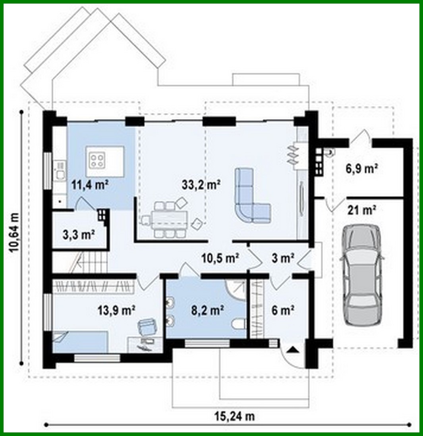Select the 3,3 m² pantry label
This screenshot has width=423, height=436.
[x=78, y=235]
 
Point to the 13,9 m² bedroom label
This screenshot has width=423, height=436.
[x=117, y=309]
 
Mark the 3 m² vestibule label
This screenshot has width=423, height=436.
[x=282, y=258]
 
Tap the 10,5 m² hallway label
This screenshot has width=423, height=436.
[x=220, y=258]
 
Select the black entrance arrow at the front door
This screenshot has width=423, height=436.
[x=293, y=350]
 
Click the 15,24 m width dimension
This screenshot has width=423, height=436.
[x=234, y=417]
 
